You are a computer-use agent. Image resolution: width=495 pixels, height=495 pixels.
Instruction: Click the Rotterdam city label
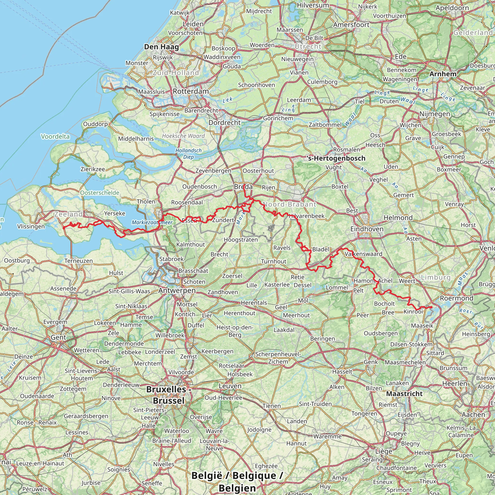191,91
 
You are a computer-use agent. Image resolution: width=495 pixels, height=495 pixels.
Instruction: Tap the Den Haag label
161,47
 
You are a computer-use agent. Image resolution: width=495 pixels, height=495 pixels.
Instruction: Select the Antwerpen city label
177,291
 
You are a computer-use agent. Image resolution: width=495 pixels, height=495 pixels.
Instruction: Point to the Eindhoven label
367,229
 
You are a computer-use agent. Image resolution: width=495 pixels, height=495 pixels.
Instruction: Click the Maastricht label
404,393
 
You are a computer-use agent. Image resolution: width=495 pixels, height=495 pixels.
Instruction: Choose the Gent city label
58,337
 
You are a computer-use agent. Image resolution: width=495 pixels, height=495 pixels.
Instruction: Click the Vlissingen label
31,226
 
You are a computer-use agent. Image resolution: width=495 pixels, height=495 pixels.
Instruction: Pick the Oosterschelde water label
100,193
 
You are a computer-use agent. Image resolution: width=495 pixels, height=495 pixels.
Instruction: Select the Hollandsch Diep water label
189,153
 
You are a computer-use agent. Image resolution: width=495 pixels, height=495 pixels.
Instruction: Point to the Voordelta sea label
55,136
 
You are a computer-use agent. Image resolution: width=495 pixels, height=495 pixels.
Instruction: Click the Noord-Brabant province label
290,204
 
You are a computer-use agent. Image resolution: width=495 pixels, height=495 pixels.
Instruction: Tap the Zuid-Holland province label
176,73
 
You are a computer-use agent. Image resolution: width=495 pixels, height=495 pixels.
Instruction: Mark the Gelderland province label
473,33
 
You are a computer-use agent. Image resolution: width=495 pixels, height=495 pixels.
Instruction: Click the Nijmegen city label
435,114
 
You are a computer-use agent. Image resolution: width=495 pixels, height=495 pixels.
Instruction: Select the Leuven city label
230,386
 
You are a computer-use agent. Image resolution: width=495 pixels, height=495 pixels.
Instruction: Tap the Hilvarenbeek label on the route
307,216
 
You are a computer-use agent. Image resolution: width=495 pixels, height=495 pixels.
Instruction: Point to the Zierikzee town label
93,169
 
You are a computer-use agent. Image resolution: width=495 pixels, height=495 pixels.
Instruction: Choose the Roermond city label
457,298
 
